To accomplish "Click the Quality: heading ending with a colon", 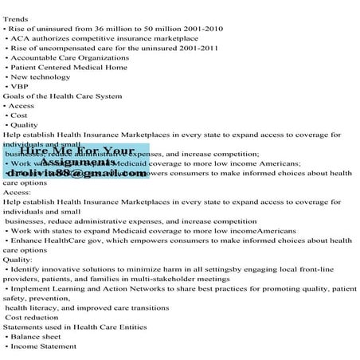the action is tap(18, 259).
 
